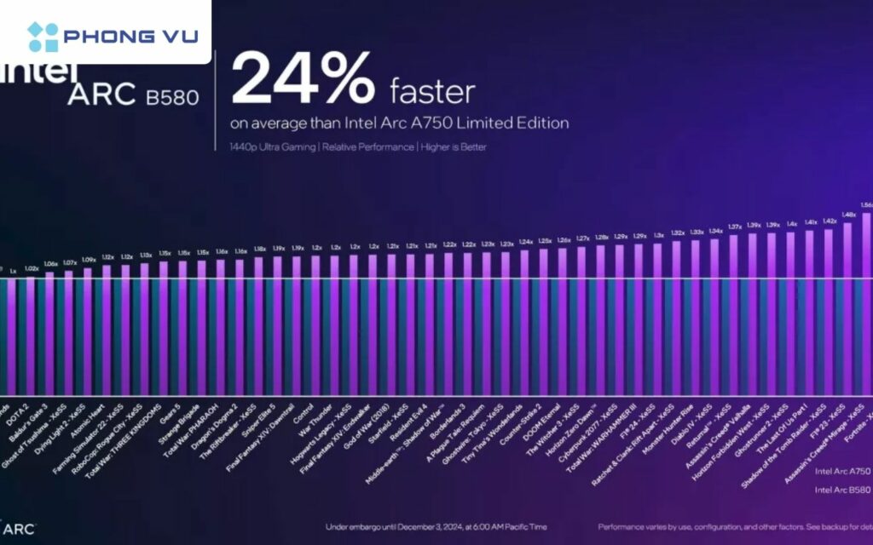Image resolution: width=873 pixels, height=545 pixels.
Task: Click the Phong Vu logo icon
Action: (x=43, y=37)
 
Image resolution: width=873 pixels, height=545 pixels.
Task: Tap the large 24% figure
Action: (x=303, y=79)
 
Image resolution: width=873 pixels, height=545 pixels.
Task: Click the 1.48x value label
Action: (x=848, y=215)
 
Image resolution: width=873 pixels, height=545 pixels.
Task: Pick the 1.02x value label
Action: (x=32, y=268)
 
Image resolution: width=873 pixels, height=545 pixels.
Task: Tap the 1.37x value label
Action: (x=735, y=227)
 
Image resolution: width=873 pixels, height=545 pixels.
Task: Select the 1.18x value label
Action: (x=260, y=250)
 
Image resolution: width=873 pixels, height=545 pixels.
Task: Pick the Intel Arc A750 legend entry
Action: (x=842, y=471)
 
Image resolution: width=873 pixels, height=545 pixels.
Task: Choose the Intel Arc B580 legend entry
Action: (x=842, y=490)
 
